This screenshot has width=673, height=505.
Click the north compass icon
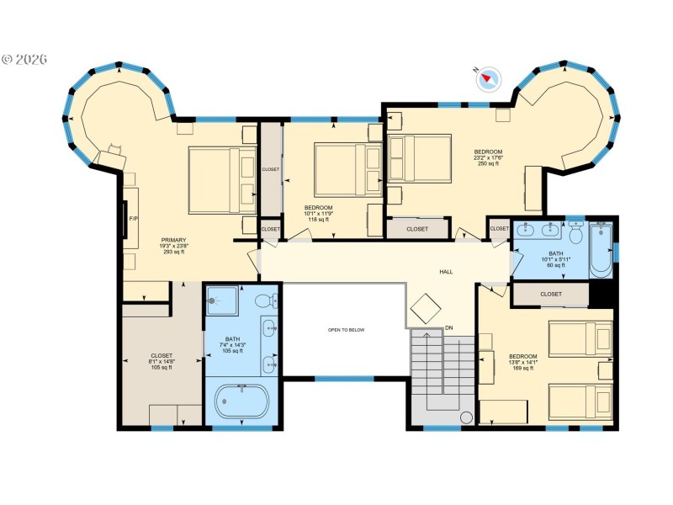488,79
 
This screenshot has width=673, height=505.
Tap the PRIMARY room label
173,240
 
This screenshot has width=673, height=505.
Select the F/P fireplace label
133,218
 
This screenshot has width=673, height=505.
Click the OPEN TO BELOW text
346,330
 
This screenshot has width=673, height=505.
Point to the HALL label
446,272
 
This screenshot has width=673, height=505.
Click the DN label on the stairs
449,327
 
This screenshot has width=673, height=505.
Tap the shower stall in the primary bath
223,300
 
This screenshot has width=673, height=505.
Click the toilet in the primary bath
264,300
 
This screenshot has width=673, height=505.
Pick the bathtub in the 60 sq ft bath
601,250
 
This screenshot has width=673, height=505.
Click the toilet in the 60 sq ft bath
576,231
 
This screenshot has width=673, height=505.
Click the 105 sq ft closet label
161,367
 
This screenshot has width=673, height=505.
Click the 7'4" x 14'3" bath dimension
232,345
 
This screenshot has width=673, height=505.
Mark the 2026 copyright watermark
24,60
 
